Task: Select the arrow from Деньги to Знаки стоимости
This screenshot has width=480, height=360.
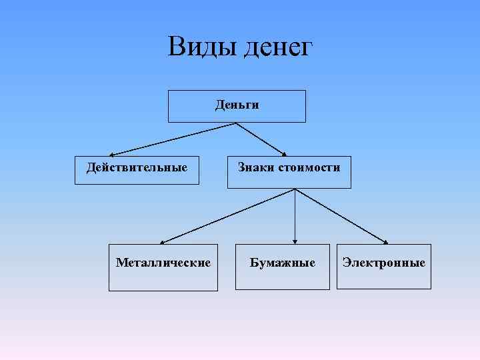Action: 261,139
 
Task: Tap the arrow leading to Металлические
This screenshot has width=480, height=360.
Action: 227,215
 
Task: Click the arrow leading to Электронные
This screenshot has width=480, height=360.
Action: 342,216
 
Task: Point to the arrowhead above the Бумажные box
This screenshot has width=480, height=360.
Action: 295,241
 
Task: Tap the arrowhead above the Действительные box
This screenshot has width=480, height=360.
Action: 112,153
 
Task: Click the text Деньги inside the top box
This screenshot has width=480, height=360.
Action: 237,105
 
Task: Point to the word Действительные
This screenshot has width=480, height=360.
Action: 137,167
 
